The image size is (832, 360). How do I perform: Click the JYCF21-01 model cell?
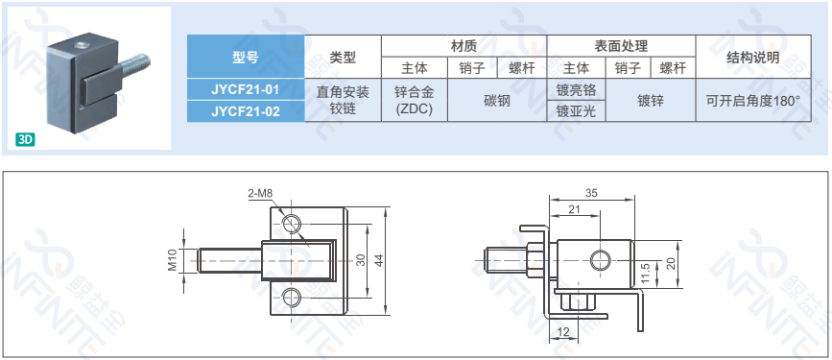[x=246, y=89]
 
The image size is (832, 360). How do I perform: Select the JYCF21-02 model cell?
[x=246, y=111]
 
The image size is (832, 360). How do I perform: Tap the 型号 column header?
[x=246, y=57]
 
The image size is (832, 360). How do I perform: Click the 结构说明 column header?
[x=753, y=57]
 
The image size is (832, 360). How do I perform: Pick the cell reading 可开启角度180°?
[x=753, y=101]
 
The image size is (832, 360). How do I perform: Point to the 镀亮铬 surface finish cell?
[x=576, y=89]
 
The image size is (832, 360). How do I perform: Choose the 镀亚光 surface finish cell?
[x=576, y=111]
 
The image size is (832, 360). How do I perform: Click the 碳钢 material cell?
[x=497, y=101]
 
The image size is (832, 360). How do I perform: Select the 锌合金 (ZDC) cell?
[x=415, y=101]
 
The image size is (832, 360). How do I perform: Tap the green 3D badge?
[x=26, y=139]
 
